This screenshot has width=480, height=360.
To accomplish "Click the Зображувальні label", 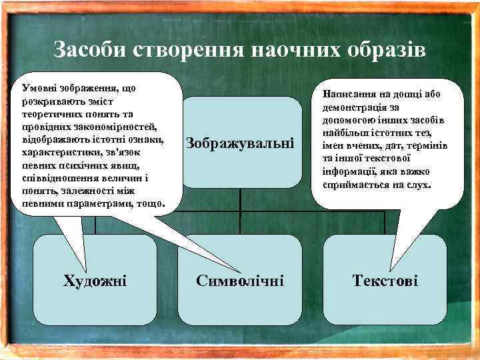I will [240, 143].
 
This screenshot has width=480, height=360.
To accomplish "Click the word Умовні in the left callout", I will [39, 87].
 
